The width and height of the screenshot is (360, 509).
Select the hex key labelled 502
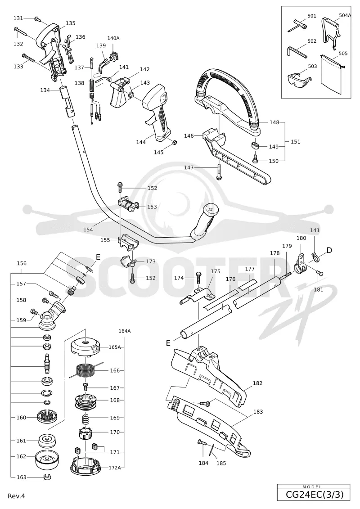297,51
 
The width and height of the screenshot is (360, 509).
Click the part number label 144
141,142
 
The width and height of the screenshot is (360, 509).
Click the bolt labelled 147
220,172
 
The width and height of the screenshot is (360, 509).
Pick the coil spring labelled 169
85,419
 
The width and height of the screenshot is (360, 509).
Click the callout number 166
115,370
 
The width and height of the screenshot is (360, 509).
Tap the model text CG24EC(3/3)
314,495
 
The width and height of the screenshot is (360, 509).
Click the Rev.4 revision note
16,495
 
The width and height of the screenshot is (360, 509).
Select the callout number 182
257,383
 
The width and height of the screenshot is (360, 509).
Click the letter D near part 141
329,250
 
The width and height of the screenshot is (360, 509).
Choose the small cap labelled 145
174,142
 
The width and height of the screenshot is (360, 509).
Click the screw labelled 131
38,19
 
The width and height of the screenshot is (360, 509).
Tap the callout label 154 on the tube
88,230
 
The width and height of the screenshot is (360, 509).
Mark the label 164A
125,331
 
